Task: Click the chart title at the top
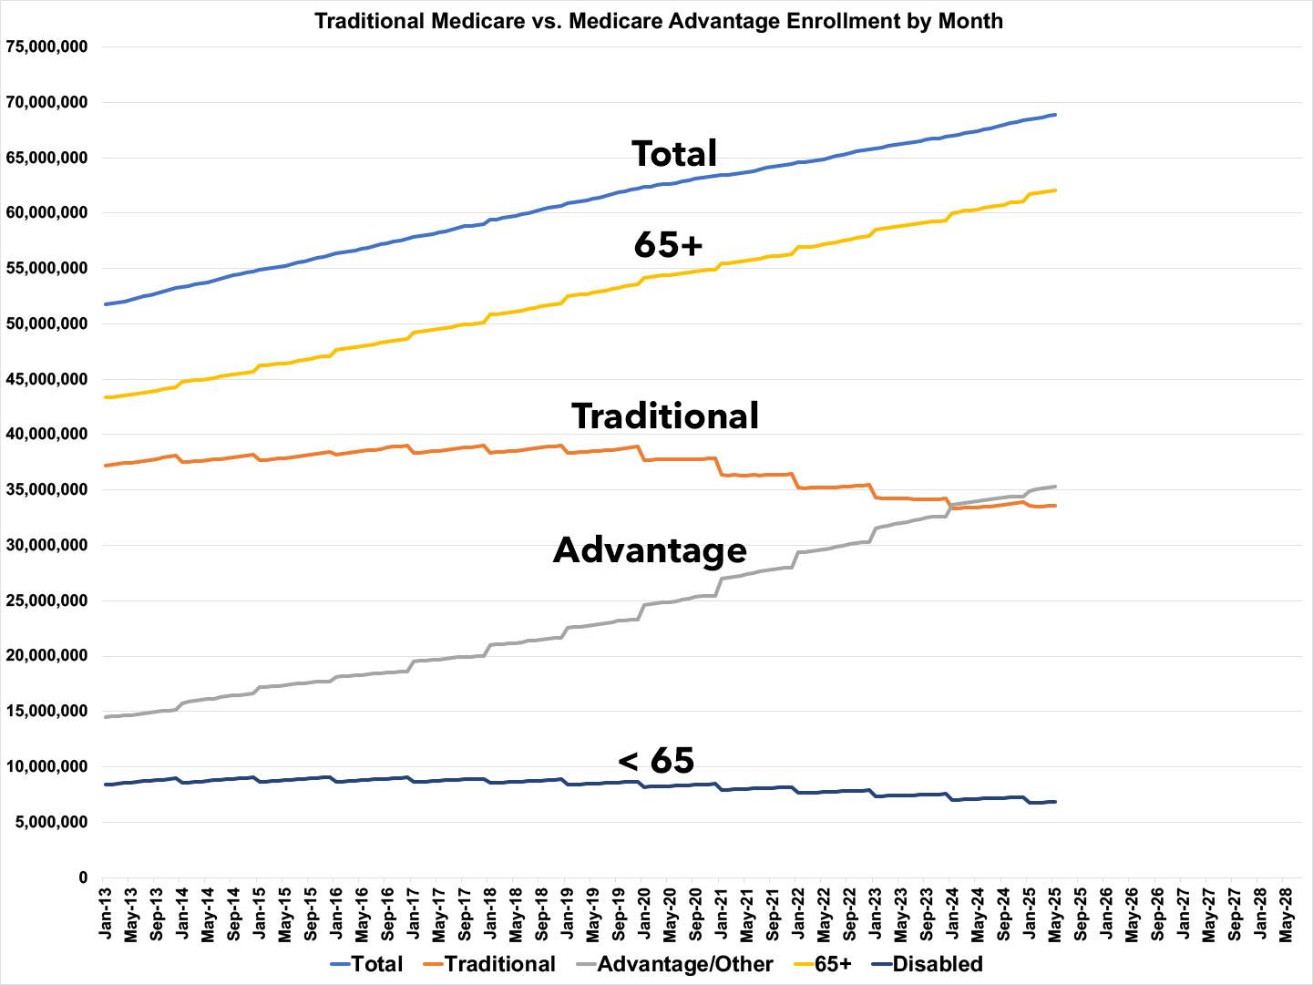[x=658, y=20]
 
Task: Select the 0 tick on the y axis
[x=82, y=877]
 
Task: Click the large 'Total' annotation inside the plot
[x=674, y=153]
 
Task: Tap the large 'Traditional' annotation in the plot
[x=665, y=416]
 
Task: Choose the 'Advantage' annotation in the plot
[x=650, y=550]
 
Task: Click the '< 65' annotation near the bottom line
[x=656, y=760]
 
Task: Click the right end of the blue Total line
[x=1054, y=115]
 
